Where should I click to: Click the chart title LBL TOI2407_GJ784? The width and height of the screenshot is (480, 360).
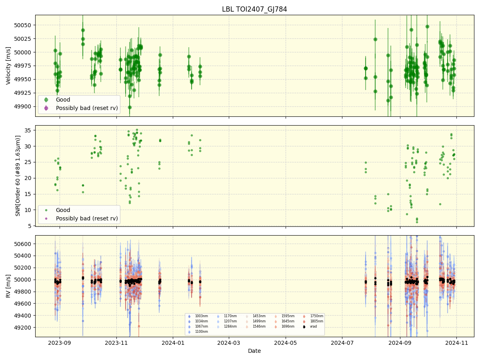[254, 9]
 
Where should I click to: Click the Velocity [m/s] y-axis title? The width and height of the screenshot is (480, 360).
[8, 66]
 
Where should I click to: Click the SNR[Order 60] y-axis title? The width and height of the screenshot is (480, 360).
[18, 176]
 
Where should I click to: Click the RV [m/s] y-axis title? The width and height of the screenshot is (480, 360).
[8, 286]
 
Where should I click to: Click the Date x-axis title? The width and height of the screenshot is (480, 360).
[254, 351]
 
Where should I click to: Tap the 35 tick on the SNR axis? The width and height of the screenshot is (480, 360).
[28, 130]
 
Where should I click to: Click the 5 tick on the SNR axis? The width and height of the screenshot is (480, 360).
[30, 226]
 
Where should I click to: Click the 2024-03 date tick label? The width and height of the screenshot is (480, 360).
[229, 342]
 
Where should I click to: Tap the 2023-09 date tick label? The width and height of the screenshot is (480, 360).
[60, 342]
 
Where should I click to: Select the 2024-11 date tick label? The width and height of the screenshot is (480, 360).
[456, 342]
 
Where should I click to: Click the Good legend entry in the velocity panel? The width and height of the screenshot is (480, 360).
[63, 100]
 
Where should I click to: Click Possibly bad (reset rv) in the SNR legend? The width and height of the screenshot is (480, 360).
[87, 218]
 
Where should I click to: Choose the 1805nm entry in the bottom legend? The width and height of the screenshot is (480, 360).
[316, 321]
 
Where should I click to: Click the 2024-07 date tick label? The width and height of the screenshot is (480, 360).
[342, 342]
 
